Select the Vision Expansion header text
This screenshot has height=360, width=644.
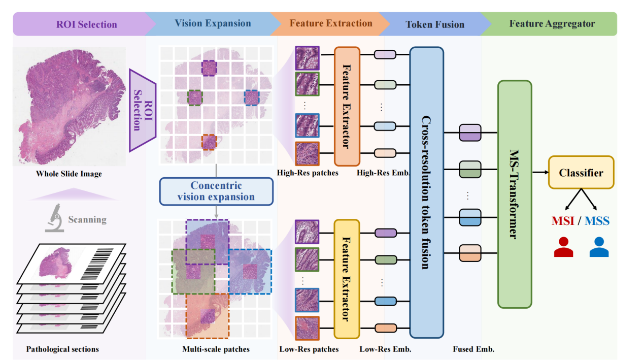[x=213, y=23]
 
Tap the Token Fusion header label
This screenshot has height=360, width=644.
[x=434, y=24]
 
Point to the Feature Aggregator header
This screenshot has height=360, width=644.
[x=552, y=24]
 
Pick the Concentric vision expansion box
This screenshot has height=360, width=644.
[x=216, y=191]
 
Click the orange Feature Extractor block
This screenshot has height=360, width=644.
[x=347, y=107]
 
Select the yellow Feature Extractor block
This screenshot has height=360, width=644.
[x=347, y=279]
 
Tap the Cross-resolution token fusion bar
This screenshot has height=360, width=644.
[x=426, y=192]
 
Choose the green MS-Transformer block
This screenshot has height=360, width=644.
[x=515, y=194]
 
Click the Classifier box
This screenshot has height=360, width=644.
[x=581, y=173]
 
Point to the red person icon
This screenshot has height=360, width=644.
[x=563, y=247]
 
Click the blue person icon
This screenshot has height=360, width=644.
[x=599, y=247]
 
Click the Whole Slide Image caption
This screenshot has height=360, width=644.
[x=69, y=174]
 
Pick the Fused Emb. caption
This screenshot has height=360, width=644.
[x=473, y=349]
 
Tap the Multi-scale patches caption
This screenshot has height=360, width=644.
[x=216, y=349]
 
